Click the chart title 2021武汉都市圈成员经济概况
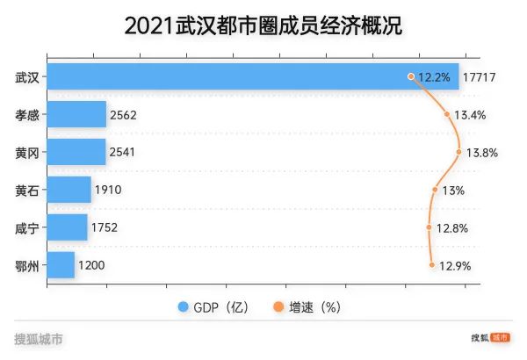263,25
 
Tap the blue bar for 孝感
76,114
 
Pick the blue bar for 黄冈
76,152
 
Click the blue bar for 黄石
69,190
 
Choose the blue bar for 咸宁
67,227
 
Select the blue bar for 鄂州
61,265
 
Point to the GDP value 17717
481,77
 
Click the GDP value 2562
123,115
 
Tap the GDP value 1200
93,265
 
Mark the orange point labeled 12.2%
411,76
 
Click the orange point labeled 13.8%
459,152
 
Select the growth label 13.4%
471,115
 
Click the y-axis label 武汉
27,77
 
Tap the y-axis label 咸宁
27,227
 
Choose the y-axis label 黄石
27,190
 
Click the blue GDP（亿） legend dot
184,307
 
